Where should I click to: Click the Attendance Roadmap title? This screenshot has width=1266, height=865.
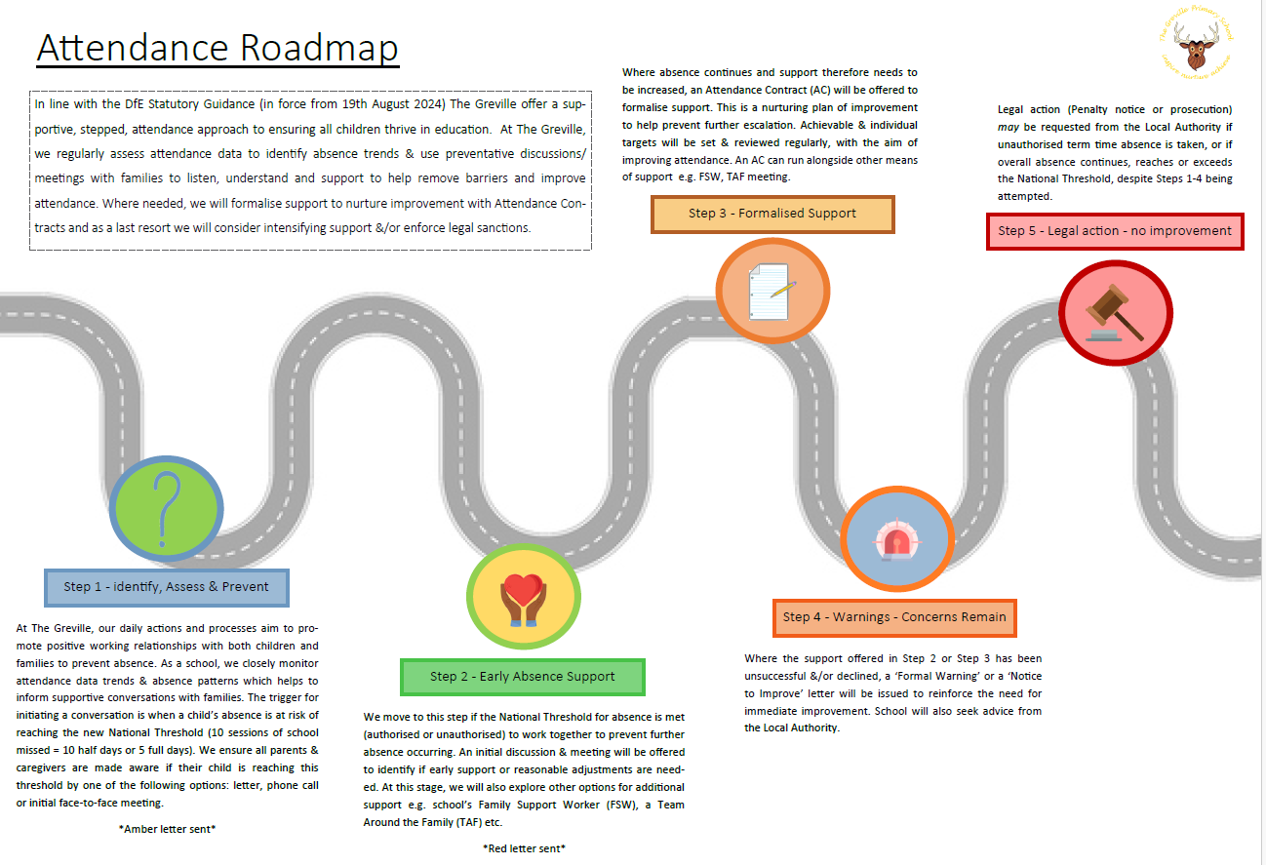tap(218, 48)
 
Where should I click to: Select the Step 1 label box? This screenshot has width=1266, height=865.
tap(166, 587)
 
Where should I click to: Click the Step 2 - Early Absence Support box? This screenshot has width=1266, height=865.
tap(522, 676)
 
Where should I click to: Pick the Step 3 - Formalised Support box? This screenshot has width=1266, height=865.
tap(771, 214)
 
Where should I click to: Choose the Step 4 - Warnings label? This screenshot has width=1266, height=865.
tap(893, 616)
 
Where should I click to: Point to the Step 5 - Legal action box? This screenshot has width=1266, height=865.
tap(1114, 231)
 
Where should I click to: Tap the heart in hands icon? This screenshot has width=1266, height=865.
tap(523, 598)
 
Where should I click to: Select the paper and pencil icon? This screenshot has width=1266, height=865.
tap(771, 292)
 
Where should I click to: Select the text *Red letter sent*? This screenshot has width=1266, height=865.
tap(524, 848)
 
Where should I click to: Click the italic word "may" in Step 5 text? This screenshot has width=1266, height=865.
tap(1009, 127)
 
